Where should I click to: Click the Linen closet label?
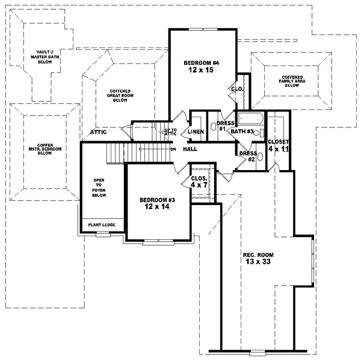(195, 132)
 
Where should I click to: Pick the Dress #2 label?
(247, 156)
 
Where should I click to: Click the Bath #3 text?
(242, 132)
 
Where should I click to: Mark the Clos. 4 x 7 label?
(199, 182)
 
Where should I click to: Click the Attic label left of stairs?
(99, 132)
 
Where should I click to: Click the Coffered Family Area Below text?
(292, 80)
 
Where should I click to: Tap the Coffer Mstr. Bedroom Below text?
(45, 149)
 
